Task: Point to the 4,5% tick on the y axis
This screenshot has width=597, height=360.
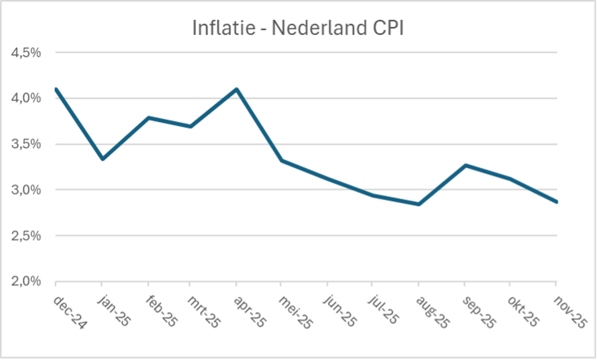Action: point(26,53)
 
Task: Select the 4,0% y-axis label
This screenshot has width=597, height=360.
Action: point(26,99)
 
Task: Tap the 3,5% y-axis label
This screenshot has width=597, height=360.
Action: point(26,144)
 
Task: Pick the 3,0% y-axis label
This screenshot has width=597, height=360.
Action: point(26,190)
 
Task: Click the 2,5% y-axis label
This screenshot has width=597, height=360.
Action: point(26,236)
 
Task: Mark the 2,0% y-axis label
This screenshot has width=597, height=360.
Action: point(26,282)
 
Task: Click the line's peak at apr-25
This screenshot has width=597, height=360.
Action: point(237,89)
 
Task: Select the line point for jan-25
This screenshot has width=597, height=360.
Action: point(102,159)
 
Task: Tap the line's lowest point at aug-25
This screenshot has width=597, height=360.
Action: point(418,204)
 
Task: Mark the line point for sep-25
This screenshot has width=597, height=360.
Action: point(466,165)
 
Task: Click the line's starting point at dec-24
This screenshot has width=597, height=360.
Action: point(57,89)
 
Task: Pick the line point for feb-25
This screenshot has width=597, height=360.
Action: point(148,118)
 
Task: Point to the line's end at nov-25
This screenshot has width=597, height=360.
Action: point(556,202)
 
